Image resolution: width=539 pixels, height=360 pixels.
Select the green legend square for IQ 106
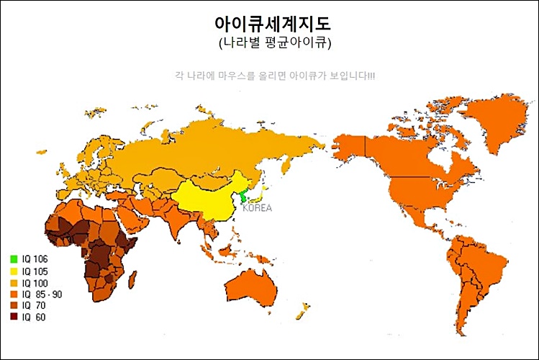click(14, 258)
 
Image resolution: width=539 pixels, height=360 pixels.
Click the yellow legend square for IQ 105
click(14, 271)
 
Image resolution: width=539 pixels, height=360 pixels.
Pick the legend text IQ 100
click(35, 282)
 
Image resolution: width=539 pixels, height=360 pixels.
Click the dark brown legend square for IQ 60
click(14, 317)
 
